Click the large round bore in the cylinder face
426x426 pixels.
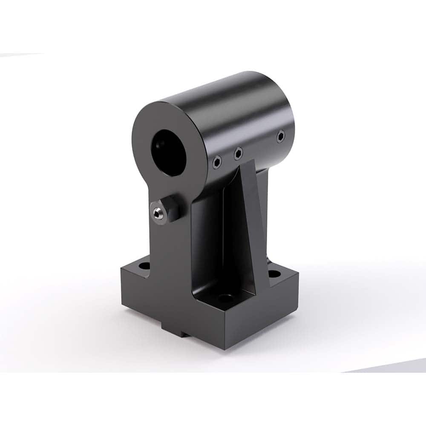[168, 152]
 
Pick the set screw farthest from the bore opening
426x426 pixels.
[280, 137]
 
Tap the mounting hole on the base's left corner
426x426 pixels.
[144, 266]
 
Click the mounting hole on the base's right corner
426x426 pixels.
[274, 273]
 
